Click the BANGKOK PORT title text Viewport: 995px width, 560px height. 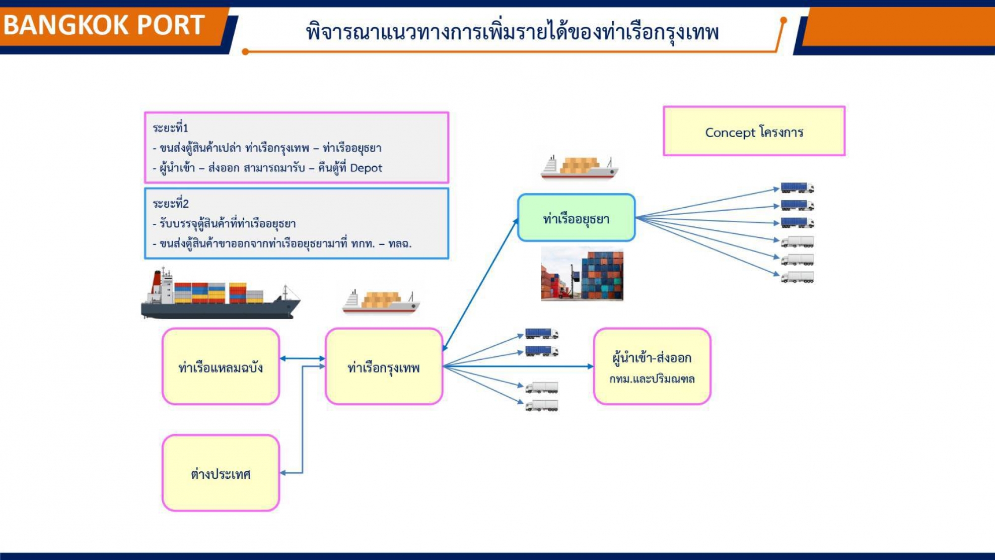click(x=104, y=25)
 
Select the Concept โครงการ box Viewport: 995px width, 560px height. click(x=754, y=131)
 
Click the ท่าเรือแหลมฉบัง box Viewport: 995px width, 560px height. click(x=221, y=366)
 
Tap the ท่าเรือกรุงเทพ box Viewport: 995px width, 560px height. click(x=384, y=366)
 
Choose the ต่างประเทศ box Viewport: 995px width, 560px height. click(x=221, y=473)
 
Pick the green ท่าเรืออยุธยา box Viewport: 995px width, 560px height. click(x=576, y=218)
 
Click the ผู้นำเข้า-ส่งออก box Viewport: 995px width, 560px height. click(x=652, y=366)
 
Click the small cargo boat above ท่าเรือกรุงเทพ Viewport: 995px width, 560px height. click(x=381, y=302)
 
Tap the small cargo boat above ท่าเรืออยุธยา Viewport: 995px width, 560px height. click(x=580, y=167)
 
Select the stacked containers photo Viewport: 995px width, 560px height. click(x=582, y=274)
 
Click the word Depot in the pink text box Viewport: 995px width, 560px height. click(x=366, y=168)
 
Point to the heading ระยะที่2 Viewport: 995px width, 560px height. click(x=171, y=203)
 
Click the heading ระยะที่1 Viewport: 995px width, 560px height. click(x=170, y=128)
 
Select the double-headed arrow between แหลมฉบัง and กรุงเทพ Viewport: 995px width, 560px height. click(x=303, y=358)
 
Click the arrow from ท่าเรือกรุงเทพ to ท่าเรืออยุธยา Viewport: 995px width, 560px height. click(x=480, y=284)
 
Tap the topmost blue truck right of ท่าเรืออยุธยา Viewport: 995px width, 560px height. click(x=798, y=188)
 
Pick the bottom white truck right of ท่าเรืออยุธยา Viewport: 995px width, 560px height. click(x=798, y=277)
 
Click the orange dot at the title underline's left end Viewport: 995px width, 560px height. click(x=245, y=51)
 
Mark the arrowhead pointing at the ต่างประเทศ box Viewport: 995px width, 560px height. click(x=283, y=473)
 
